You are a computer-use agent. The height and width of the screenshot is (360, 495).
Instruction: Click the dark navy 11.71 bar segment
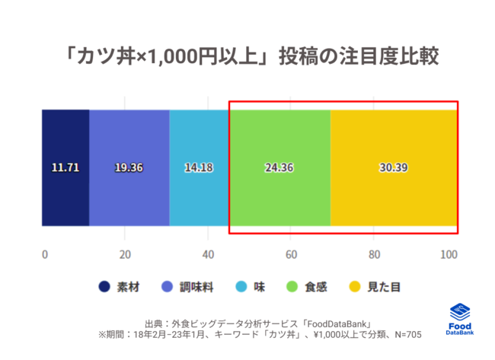[x=65, y=167]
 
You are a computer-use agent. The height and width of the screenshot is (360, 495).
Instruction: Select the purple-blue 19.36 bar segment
[x=129, y=167]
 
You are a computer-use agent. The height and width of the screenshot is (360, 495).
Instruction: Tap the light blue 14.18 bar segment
[x=199, y=167]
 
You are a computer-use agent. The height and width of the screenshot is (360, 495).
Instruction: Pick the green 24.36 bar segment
[x=279, y=167]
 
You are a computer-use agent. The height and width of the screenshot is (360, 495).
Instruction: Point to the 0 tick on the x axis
[x=44, y=254]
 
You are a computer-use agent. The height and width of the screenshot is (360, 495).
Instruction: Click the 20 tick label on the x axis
[x=126, y=254]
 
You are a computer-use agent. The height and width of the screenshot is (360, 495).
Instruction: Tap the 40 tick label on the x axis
[x=208, y=254]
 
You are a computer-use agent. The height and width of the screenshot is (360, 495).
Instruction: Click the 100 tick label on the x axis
[x=449, y=254]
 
